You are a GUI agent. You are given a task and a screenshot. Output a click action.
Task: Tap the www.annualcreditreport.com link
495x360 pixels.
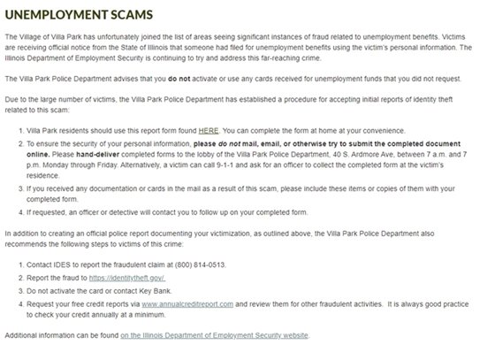pos(187,303)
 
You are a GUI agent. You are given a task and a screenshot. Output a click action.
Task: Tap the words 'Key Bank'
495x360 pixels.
pos(169,291)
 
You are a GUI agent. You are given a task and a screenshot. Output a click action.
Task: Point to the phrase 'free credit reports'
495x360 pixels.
pos(96,303)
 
